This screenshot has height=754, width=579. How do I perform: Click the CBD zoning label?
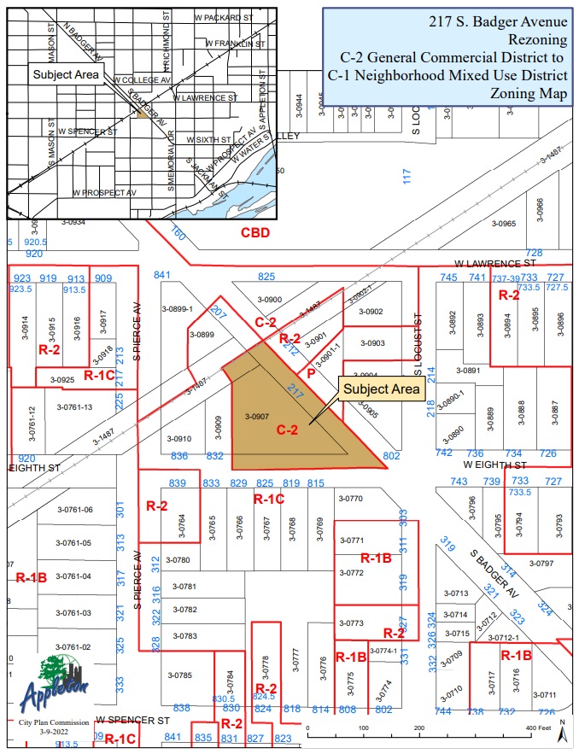pyautogui.click(x=254, y=232)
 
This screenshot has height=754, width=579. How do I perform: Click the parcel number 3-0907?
pyautogui.click(x=257, y=417)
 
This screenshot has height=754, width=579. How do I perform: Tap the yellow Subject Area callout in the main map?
pyautogui.click(x=382, y=389)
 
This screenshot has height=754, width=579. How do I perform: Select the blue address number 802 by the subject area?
pyautogui.click(x=392, y=456)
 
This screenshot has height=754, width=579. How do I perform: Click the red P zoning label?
pyautogui.click(x=312, y=373)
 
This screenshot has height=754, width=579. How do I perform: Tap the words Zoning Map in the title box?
pyautogui.click(x=526, y=93)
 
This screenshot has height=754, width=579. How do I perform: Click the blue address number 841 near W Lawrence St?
pyautogui.click(x=162, y=275)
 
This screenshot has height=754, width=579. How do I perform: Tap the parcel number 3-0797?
pyautogui.click(x=541, y=563)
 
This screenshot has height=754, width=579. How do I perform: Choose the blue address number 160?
pyautogui.click(x=178, y=232)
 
